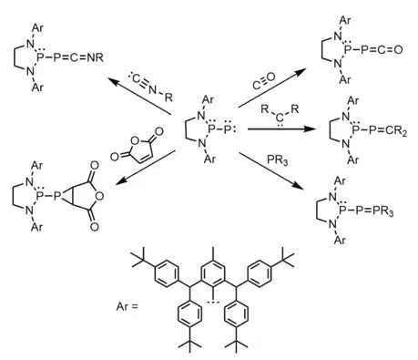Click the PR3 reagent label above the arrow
coord(278,160)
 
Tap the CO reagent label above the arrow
coord(264,81)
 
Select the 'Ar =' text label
coord(127,306)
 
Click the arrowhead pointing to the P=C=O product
coord(301,71)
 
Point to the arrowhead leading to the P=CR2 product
coord(309,129)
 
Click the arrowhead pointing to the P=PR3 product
coord(299,186)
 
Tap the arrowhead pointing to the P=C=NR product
coord(114,81)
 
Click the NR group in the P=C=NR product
coord(96,57)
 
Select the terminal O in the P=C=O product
coord(398,49)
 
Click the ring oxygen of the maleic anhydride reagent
coord(135,140)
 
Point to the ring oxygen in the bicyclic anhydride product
coord(98,196)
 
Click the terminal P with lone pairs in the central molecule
coord(229,129)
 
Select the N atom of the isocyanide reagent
coord(152,89)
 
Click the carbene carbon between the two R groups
coord(280,117)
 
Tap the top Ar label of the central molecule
coord(209,99)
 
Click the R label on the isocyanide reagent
coord(168,98)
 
